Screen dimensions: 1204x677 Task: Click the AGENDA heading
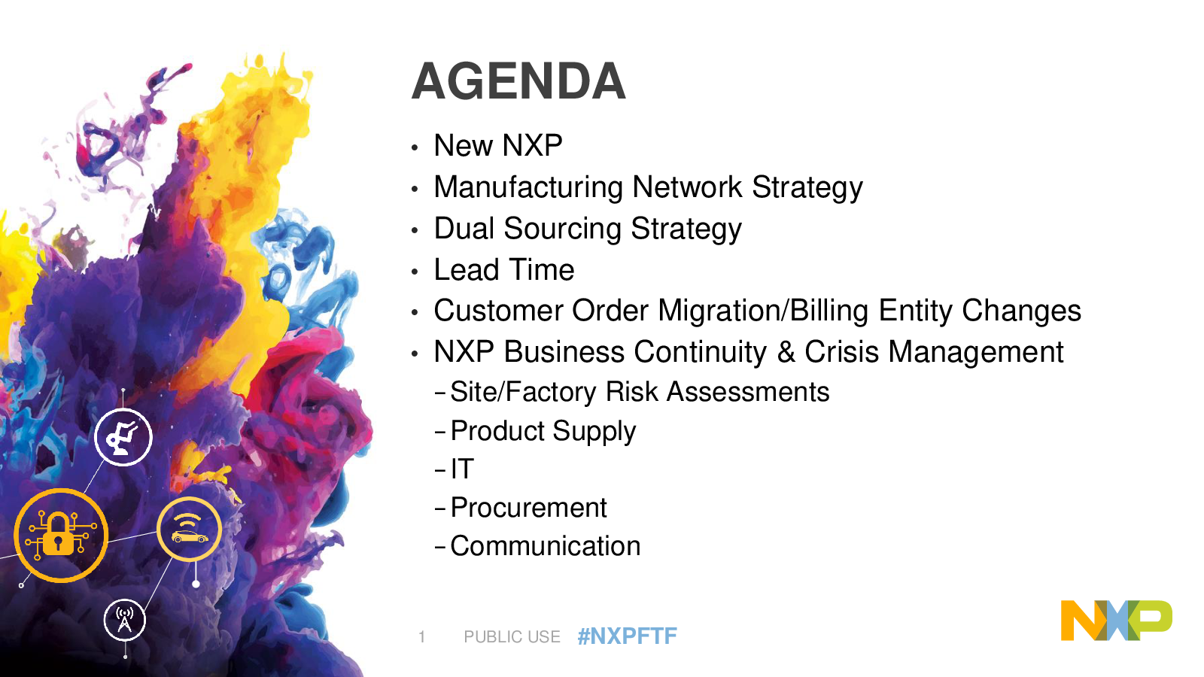pyautogui.click(x=518, y=81)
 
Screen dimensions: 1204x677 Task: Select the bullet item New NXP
pyautogui.click(x=498, y=145)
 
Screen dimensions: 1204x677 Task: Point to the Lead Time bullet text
pyautogui.click(x=504, y=269)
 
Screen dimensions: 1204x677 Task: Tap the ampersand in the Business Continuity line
pyautogui.click(x=786, y=352)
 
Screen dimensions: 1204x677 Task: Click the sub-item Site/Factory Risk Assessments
pyautogui.click(x=640, y=391)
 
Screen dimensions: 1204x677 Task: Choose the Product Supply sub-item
pyautogui.click(x=543, y=431)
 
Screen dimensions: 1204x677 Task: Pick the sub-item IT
pyautogui.click(x=462, y=469)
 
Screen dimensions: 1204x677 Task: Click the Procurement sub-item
pyautogui.click(x=528, y=507)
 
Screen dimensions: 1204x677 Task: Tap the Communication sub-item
pyautogui.click(x=545, y=546)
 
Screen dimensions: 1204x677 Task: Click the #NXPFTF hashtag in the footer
pyautogui.click(x=628, y=636)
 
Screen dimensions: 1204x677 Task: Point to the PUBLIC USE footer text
pyautogui.click(x=512, y=636)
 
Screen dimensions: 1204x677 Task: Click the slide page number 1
pyautogui.click(x=422, y=636)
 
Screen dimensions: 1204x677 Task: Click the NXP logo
pyautogui.click(x=1117, y=620)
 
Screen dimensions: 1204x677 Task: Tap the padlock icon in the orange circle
pyautogui.click(x=58, y=533)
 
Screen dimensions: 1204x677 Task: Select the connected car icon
pyautogui.click(x=189, y=530)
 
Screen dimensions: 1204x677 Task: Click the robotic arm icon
pyautogui.click(x=123, y=437)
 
